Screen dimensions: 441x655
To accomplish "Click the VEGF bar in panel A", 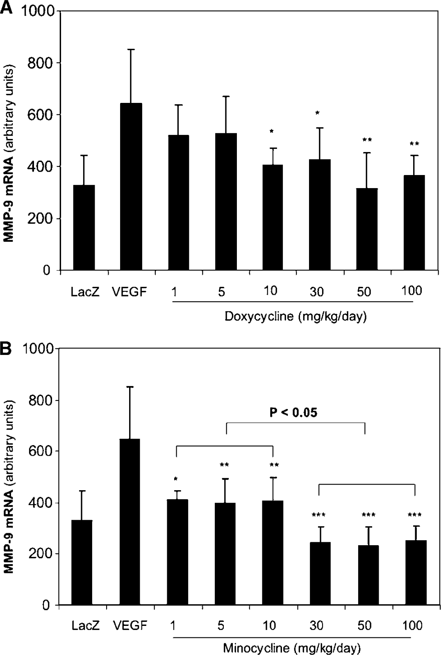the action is [x=131, y=186].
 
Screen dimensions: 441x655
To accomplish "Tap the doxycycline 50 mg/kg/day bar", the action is [x=367, y=229].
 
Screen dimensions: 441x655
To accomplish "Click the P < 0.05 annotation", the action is [x=293, y=412].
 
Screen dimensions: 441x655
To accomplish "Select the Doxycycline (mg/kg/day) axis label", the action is [x=296, y=316].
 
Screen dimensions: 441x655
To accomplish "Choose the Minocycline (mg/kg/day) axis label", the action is [x=292, y=648].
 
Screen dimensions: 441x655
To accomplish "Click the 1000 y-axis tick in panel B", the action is [x=38, y=348].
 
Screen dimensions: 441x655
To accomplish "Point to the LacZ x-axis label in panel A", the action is [x=85, y=292].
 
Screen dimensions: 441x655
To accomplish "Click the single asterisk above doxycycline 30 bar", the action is [x=318, y=113].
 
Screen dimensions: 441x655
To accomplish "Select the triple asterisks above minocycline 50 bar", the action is [x=368, y=515].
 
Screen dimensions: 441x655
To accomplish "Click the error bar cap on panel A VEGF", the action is [x=131, y=50].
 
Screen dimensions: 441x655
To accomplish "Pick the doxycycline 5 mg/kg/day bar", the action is [x=226, y=202].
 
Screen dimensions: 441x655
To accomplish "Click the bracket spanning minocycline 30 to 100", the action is [x=367, y=484].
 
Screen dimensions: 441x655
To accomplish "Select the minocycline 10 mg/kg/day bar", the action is [x=273, y=553].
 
